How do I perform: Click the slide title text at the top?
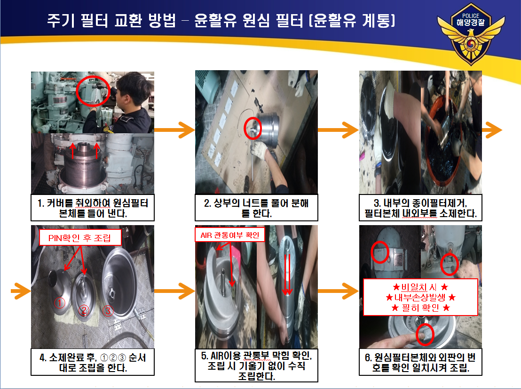pyautogui.click(x=221, y=21)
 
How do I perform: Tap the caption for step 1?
pyautogui.click(x=93, y=208)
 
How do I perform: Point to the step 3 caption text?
pyautogui.click(x=421, y=208)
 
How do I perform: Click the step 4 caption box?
pyautogui.click(x=93, y=362)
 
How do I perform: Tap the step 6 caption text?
pyautogui.click(x=421, y=362)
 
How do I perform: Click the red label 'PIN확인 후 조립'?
pyautogui.click(x=80, y=238)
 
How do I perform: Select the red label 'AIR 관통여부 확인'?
pyautogui.click(x=229, y=235)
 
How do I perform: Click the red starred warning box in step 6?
pyautogui.click(x=421, y=297)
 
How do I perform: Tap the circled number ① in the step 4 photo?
pyautogui.click(x=59, y=303)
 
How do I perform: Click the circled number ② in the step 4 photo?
pyautogui.click(x=84, y=310)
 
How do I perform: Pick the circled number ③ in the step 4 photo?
pyautogui.click(x=108, y=311)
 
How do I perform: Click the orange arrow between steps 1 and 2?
pyautogui.click(x=174, y=130)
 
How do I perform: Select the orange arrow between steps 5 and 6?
pyautogui.click(x=338, y=291)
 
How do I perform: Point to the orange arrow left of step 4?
pyautogui.click(x=21, y=291)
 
